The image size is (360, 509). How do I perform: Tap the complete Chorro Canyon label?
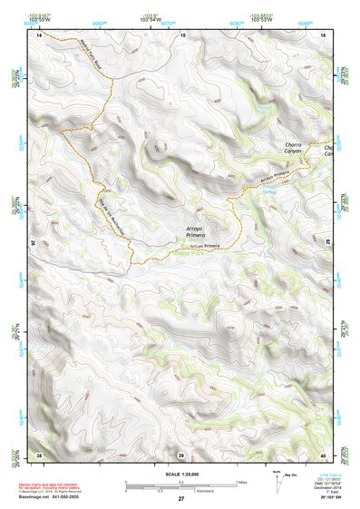(x=294, y=148)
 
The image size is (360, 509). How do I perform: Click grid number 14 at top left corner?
(x=39, y=34)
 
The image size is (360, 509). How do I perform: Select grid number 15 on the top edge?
(x=182, y=34)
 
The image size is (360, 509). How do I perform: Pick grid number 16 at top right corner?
(x=324, y=34)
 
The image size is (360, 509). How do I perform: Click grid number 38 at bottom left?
(x=39, y=454)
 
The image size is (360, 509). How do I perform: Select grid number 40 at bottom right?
(x=324, y=454)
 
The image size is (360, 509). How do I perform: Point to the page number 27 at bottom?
(x=180, y=499)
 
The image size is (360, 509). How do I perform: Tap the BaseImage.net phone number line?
(x=54, y=497)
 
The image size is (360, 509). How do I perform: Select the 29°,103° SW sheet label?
(x=333, y=498)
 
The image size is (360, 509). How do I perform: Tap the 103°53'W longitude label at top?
(x=260, y=20)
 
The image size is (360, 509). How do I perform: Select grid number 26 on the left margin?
(x=33, y=243)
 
